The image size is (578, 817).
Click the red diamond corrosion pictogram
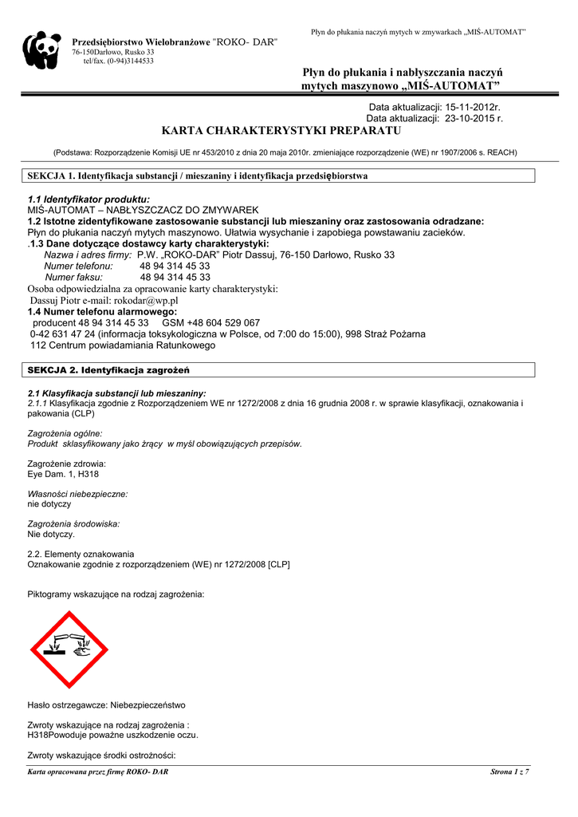69,649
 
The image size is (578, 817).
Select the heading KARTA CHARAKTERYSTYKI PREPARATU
281,131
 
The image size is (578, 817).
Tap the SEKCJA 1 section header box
281,176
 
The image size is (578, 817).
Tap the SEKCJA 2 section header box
281,370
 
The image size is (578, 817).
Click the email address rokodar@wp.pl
143,300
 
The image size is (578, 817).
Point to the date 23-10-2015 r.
469,118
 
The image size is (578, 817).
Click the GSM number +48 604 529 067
222,322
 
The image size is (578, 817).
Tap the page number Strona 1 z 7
509,772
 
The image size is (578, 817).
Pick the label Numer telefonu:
78,266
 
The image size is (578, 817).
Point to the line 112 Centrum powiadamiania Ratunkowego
123,345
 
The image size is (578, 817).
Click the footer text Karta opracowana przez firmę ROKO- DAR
98,772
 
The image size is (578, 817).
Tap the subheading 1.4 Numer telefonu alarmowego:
102,311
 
